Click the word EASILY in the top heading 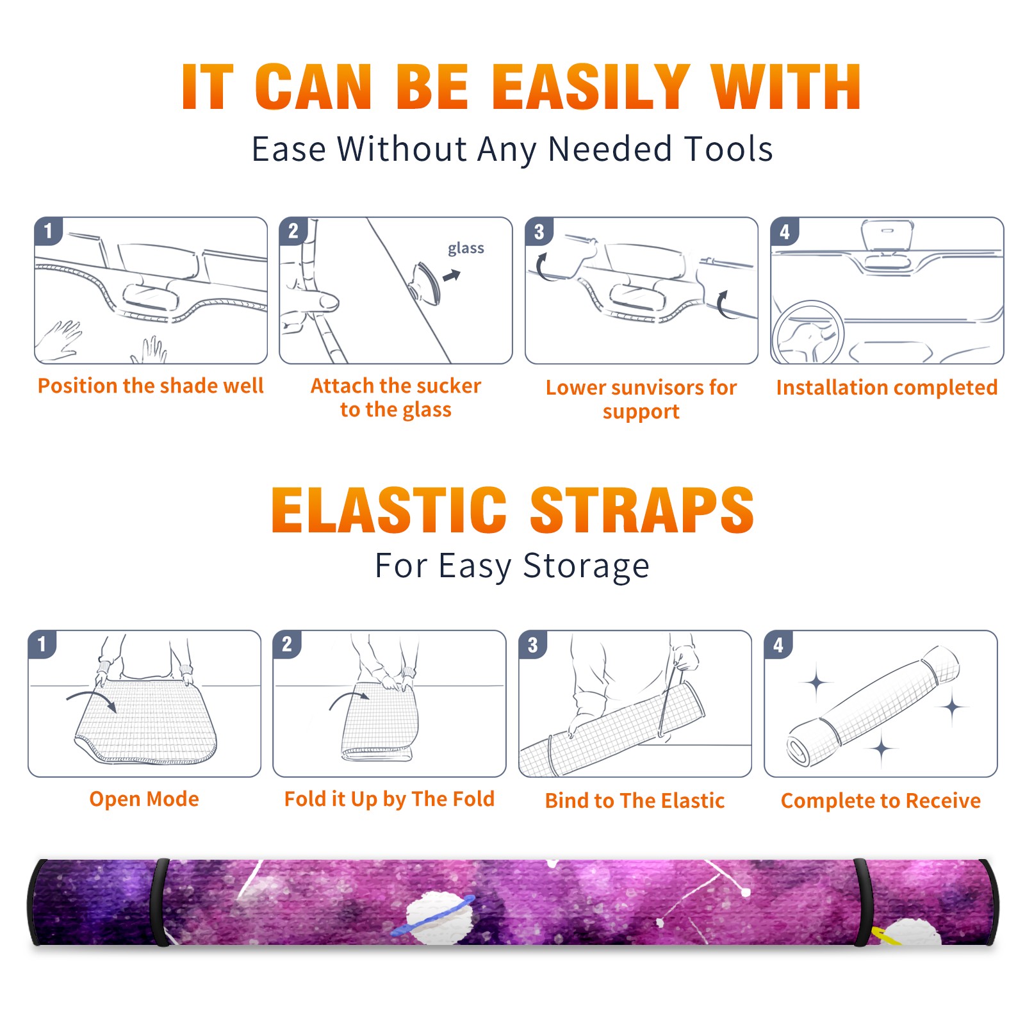591,87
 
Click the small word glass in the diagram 466,248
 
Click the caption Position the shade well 151,386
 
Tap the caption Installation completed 887,387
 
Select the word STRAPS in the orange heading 642,510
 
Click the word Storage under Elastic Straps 586,566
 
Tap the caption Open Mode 144,799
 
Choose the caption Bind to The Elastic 634,801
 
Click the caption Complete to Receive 881,801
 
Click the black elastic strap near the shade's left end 159,902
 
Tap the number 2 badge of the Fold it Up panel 287,644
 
